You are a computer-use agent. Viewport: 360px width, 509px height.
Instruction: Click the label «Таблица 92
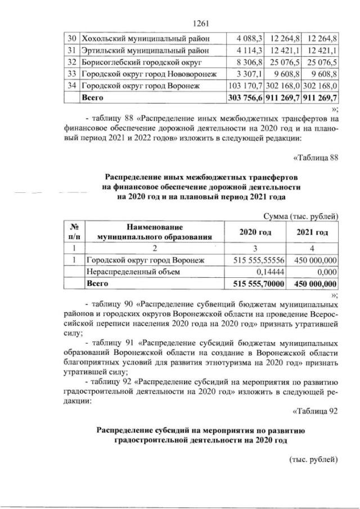(x=315, y=409)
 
